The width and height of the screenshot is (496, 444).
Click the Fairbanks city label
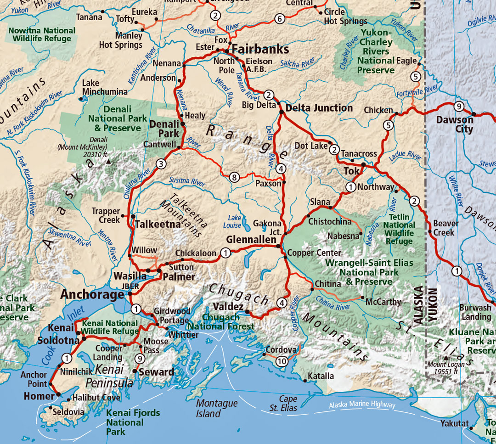tap(259, 49)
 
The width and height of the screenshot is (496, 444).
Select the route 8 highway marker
tap(234, 177)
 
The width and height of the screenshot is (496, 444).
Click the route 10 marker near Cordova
tap(282, 361)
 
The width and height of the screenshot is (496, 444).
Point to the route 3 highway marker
tap(161, 164)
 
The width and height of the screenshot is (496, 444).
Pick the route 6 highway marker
tap(280, 19)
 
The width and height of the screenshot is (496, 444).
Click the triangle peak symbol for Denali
tap(108, 162)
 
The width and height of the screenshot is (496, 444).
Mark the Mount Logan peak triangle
tap(445, 357)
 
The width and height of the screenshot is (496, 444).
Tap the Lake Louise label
tap(234, 221)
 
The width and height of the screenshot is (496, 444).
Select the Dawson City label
tap(455, 124)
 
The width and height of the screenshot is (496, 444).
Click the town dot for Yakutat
tap(472, 428)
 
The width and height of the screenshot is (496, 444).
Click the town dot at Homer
tap(59, 394)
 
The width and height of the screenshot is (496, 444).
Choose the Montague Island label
tap(216, 408)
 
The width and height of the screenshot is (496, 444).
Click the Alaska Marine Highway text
tap(362, 405)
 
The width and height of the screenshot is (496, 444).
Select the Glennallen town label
tap(251, 240)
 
